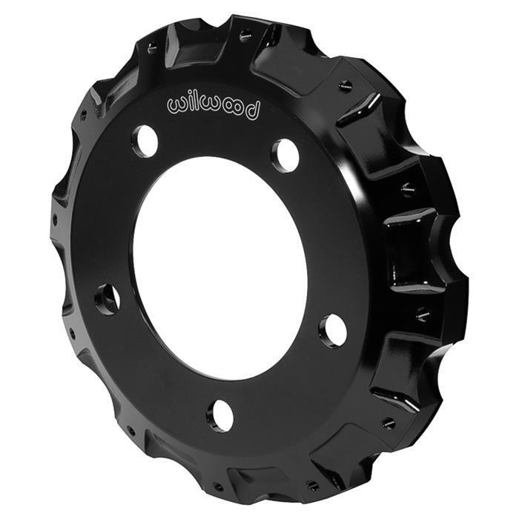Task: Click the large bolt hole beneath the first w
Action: (145, 141)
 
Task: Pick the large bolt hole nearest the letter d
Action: (285, 155)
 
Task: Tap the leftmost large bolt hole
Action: (108, 299)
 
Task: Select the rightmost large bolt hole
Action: (333, 330)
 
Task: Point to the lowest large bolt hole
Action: (219, 415)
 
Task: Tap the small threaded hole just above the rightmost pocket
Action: (408, 189)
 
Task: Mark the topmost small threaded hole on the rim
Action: (245, 33)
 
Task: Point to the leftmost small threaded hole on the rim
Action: (55, 220)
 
